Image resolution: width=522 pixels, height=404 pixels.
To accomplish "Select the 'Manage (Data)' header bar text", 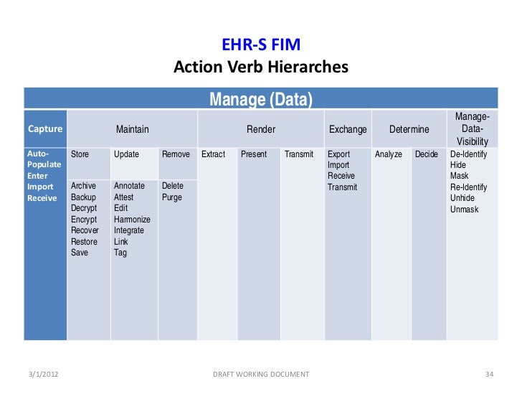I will pos(260,99).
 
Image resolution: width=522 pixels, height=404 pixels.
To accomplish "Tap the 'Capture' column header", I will pos(45,129).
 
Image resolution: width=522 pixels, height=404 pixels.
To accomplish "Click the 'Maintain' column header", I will pos(133,129).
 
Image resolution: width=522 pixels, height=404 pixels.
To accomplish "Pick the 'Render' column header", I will pos(261,129).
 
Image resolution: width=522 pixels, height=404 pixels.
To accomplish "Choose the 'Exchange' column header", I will pos(348,129).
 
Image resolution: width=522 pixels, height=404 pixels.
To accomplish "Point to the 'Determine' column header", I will pos(409,129).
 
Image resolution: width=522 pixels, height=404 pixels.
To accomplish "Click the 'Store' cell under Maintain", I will pos(80,154).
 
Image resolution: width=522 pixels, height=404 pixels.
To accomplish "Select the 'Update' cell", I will pos(126,154).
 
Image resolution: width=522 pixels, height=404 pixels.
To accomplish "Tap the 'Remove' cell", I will pos(176,154).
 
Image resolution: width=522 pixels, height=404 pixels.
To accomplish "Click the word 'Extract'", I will pos(214,154).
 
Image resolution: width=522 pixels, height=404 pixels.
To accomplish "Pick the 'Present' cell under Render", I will pos(254,154).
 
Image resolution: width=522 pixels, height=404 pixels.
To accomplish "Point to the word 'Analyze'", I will pos(389,154).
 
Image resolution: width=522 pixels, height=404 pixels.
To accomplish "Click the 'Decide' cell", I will pos(426,154).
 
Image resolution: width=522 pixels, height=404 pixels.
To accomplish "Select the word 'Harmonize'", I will pos(132,220).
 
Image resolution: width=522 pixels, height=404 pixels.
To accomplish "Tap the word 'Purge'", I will pos(172,197).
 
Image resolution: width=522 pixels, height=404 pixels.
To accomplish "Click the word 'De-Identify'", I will pos(468,154).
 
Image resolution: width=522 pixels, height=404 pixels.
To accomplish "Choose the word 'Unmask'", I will pos(464,209).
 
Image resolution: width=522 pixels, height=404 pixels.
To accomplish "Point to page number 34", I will pos(490,375).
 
